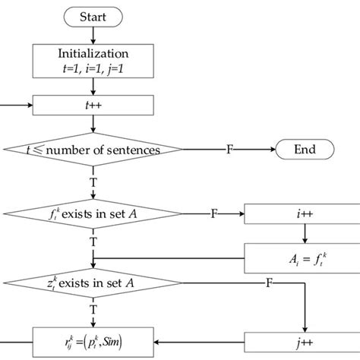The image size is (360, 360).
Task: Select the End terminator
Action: (x=305, y=150)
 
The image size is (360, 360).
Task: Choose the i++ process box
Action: (x=302, y=215)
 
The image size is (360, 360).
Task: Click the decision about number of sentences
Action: (x=93, y=150)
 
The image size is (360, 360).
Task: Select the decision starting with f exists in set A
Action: (x=93, y=215)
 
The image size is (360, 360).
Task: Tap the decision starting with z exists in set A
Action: (x=93, y=282)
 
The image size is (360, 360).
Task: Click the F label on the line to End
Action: (x=229, y=150)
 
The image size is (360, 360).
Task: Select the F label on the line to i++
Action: (x=213, y=215)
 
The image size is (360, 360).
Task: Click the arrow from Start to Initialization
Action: (x=93, y=34)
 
